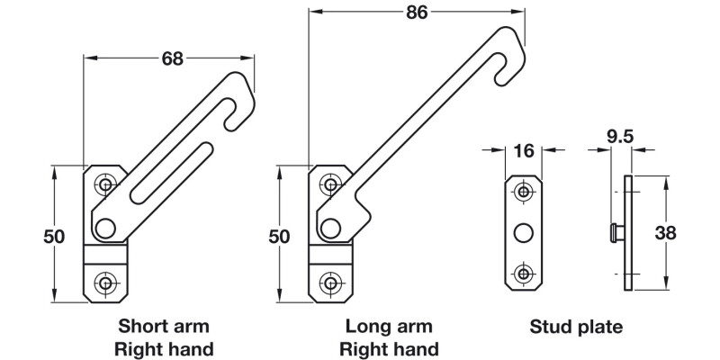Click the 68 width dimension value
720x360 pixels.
click(172, 58)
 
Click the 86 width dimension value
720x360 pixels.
click(415, 12)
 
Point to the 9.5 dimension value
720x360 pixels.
click(619, 137)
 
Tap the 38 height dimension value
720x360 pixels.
click(690, 232)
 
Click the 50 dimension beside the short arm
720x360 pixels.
click(54, 236)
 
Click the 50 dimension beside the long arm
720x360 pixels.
click(279, 236)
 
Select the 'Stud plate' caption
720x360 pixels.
click(576, 326)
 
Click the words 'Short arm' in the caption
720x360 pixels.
click(164, 326)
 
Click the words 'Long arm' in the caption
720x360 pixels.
click(389, 326)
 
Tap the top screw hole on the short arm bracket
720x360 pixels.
click(107, 185)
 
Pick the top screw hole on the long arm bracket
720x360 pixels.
click(331, 185)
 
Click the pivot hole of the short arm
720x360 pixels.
click(107, 228)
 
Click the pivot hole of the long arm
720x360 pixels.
click(331, 228)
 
